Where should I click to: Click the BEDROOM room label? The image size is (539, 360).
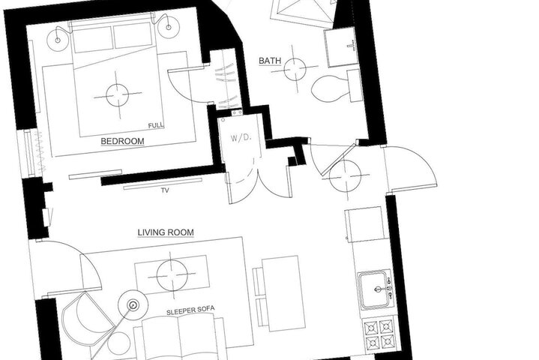[x=122, y=141]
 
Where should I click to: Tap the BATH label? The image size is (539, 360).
[x=270, y=61]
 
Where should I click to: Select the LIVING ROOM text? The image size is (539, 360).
[x=166, y=232]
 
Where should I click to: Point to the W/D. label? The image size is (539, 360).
[x=241, y=138]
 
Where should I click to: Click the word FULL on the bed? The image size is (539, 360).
[x=156, y=125]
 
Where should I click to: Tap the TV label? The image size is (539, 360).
[x=166, y=190]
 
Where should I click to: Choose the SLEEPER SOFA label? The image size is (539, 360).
[x=190, y=310]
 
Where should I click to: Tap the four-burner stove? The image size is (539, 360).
[x=380, y=334]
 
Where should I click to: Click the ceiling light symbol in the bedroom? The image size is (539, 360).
[x=117, y=95]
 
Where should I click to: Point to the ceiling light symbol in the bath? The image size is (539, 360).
[x=295, y=69]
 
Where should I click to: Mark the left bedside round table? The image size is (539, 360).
[x=58, y=40]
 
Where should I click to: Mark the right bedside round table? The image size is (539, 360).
[x=169, y=27]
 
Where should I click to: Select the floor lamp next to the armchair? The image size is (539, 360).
[x=133, y=304]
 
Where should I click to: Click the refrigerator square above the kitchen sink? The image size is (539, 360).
[x=365, y=224]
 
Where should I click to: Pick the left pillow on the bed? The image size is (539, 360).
[x=93, y=40]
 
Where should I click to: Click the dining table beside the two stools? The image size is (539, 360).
[x=284, y=293]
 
